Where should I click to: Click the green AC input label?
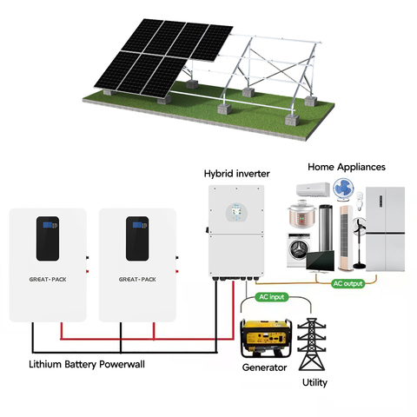(272, 297)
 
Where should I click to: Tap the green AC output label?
(347, 283)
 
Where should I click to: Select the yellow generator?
(266, 338)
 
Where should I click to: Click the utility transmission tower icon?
(312, 344)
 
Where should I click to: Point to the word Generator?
(264, 367)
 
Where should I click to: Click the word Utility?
(314, 383)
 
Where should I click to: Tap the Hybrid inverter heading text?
(236, 174)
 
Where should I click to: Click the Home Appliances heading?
(347, 167)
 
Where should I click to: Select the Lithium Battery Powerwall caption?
(87, 364)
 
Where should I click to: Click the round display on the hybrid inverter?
(236, 212)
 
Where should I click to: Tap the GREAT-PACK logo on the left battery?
(48, 280)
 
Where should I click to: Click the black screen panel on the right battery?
(137, 239)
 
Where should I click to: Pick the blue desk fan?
(343, 189)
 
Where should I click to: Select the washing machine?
(298, 250)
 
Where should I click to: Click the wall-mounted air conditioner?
(313, 189)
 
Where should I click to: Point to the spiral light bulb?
(360, 201)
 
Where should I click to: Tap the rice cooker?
(301, 215)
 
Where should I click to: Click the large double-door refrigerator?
(385, 229)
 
